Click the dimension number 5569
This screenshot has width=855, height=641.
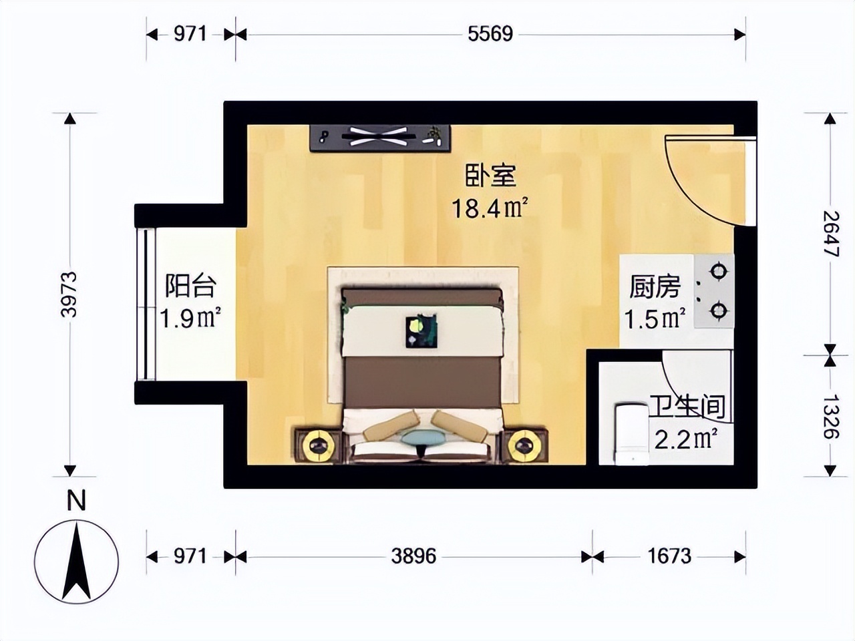(x=490, y=34)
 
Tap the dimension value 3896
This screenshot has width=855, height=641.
(x=413, y=556)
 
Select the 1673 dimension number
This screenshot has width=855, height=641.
(x=669, y=556)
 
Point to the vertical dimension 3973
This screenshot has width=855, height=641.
(x=69, y=294)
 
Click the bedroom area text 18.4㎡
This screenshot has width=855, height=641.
(x=490, y=208)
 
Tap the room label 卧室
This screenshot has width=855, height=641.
(x=490, y=176)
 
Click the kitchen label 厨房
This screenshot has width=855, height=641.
(x=655, y=287)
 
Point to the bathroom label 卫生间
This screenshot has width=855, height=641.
(x=687, y=407)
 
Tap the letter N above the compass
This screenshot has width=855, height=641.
(x=76, y=500)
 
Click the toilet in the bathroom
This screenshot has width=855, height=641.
(x=631, y=433)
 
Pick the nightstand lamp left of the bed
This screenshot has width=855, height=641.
(x=319, y=445)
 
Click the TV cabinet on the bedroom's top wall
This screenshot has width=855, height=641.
(x=380, y=138)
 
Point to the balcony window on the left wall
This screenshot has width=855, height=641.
(x=146, y=304)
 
